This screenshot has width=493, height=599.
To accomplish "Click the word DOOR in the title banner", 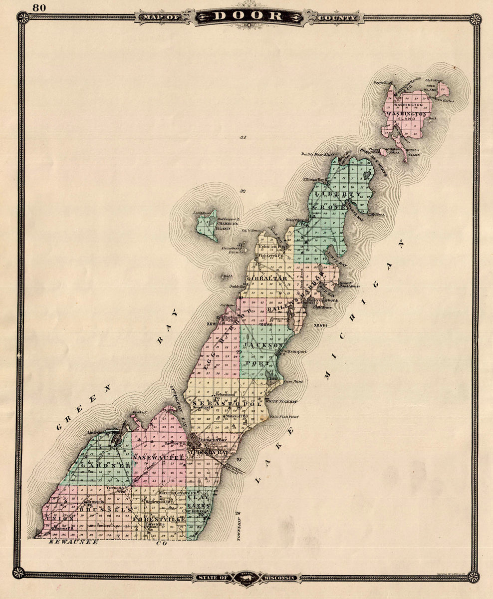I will pyautogui.click(x=247, y=16).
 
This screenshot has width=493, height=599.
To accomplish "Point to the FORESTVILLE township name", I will pyautogui.click(x=159, y=519).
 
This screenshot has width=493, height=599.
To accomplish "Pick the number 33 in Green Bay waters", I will pyautogui.click(x=243, y=137).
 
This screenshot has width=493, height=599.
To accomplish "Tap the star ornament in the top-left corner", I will pyautogui.click(x=22, y=18).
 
